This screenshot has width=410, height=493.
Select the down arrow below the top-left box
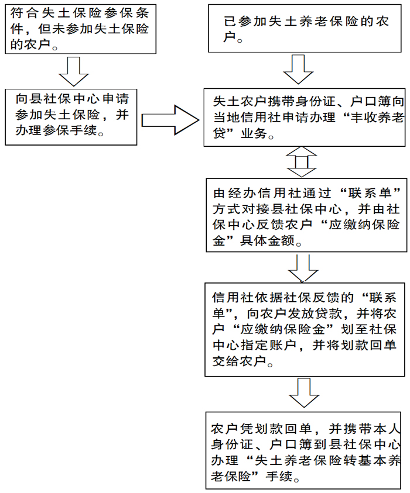click(74, 71)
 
